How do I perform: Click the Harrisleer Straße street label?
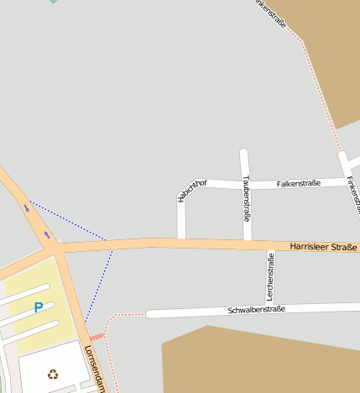[x=323, y=247]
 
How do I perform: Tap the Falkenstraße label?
[x=298, y=183]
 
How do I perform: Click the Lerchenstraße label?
[x=270, y=275]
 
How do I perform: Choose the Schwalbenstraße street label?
[x=257, y=310]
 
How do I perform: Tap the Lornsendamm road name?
[x=95, y=368]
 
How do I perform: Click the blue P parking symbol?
[x=38, y=307]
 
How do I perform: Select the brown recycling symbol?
[x=53, y=375]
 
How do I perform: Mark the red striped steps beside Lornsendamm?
[x=97, y=337]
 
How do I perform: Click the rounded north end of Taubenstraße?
[x=244, y=154]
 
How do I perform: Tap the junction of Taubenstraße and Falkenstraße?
[x=246, y=183]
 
